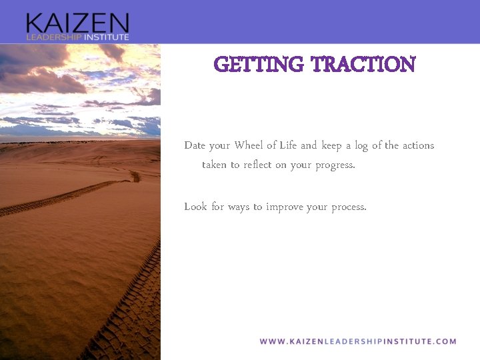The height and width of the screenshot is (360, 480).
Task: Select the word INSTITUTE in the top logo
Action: click(x=105, y=37)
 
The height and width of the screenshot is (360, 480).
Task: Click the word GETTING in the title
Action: click(x=258, y=65)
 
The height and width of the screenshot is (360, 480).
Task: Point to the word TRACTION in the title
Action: click(x=363, y=65)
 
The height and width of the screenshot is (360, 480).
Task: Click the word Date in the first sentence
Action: click(x=195, y=145)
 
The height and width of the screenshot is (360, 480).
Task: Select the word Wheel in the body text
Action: click(x=249, y=145)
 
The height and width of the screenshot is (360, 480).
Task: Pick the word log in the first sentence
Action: click(x=363, y=146)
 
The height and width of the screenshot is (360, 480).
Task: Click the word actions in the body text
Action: click(x=418, y=145)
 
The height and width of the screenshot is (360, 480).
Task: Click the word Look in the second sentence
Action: click(x=195, y=207)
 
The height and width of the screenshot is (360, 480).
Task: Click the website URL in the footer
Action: click(x=358, y=341)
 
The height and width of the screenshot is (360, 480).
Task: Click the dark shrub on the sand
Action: click(x=135, y=177)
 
